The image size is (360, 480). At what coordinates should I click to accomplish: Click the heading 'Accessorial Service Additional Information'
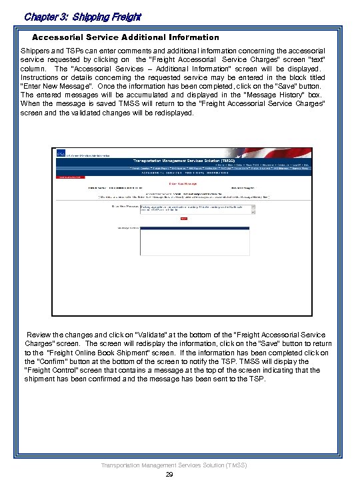point(125,37)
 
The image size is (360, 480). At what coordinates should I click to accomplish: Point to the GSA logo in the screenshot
point(61,154)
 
